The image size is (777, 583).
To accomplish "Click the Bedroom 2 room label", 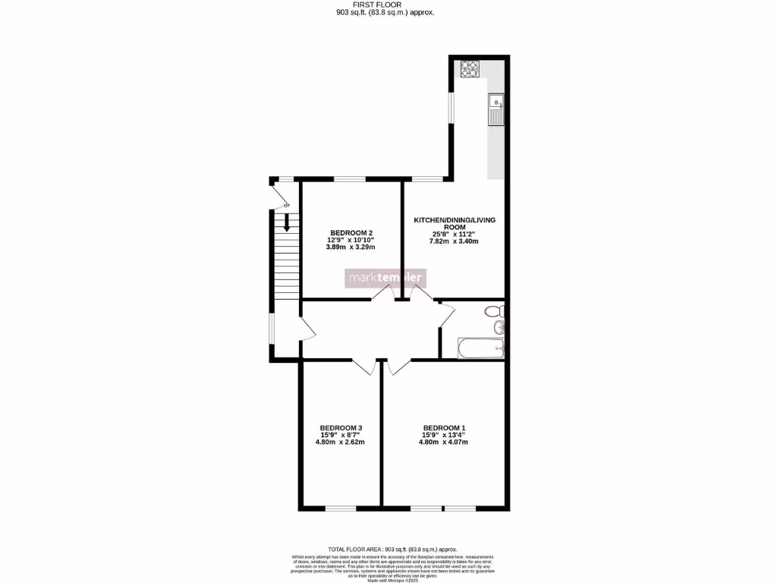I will click(x=351, y=232).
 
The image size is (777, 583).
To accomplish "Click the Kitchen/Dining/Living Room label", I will click(x=454, y=223).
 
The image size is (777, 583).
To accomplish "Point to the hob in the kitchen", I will click(x=470, y=68).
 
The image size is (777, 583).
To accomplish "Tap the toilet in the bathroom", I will click(x=495, y=310).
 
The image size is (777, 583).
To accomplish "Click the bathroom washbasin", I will click(x=499, y=328).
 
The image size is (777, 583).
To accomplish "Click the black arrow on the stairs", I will click(x=287, y=222).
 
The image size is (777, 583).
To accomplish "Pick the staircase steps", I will click(x=287, y=266).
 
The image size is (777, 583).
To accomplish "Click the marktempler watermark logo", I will click(x=387, y=278).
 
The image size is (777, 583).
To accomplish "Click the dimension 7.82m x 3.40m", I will click(x=454, y=241).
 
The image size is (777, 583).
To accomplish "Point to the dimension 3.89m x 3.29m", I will click(x=351, y=247).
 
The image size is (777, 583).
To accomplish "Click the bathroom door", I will click(x=446, y=315).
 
